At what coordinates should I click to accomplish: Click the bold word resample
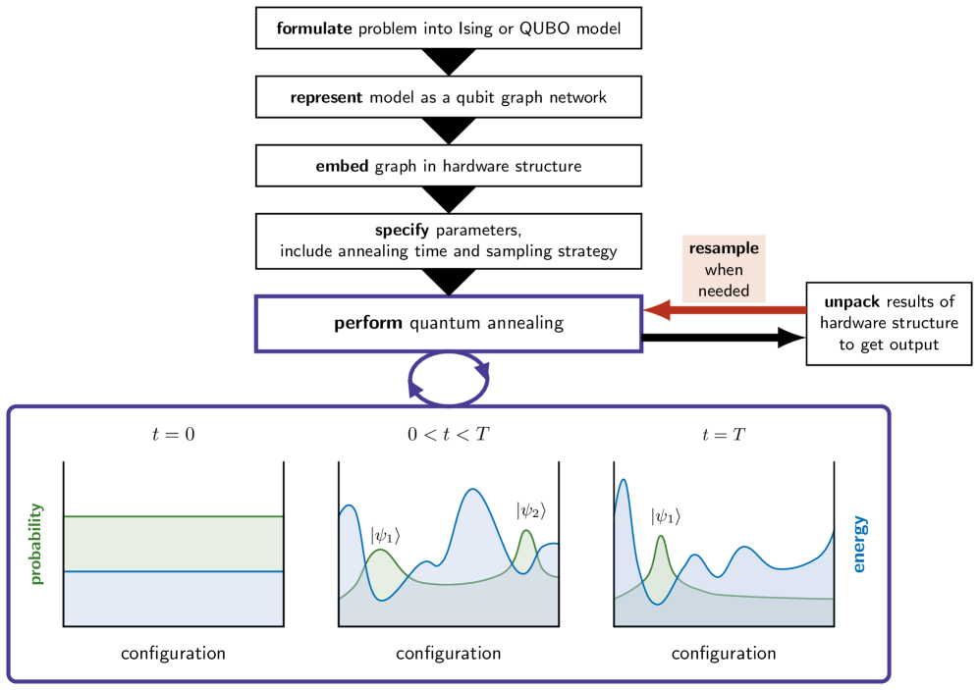(724, 248)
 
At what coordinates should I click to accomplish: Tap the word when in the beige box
(724, 270)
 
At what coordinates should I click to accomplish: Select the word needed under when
(724, 291)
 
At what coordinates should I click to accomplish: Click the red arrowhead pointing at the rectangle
(656, 310)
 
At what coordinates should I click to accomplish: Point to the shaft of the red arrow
(736, 310)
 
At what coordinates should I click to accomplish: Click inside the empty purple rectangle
(448, 324)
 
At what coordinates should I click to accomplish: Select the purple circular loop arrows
(449, 379)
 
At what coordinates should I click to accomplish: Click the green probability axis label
(37, 544)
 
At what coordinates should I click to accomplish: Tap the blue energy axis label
(859, 544)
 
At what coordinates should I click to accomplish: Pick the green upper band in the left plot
(173, 543)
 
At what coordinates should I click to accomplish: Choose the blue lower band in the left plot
(173, 599)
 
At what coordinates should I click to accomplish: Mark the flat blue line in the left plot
(173, 571)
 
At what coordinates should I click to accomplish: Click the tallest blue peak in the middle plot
(474, 490)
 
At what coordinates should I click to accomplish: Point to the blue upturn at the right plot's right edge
(830, 538)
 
